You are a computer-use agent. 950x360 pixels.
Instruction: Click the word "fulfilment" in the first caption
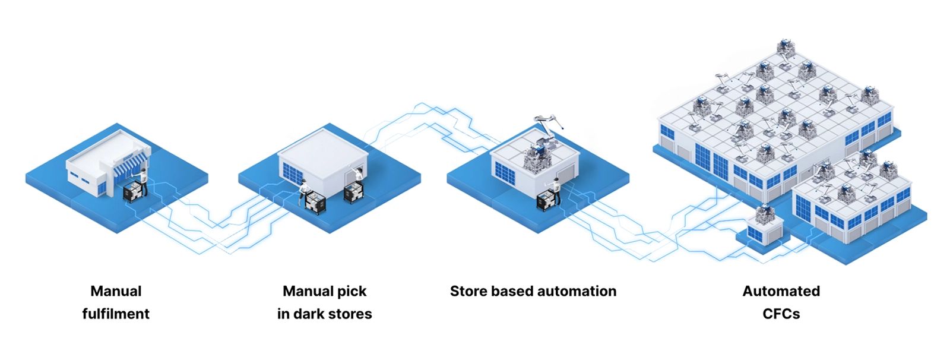pyautogui.click(x=116, y=314)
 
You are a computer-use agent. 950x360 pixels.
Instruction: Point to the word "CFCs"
pyautogui.click(x=781, y=314)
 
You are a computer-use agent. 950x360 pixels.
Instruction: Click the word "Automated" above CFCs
pyautogui.click(x=781, y=291)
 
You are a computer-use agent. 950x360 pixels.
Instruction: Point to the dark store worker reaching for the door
pyautogui.click(x=358, y=176)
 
